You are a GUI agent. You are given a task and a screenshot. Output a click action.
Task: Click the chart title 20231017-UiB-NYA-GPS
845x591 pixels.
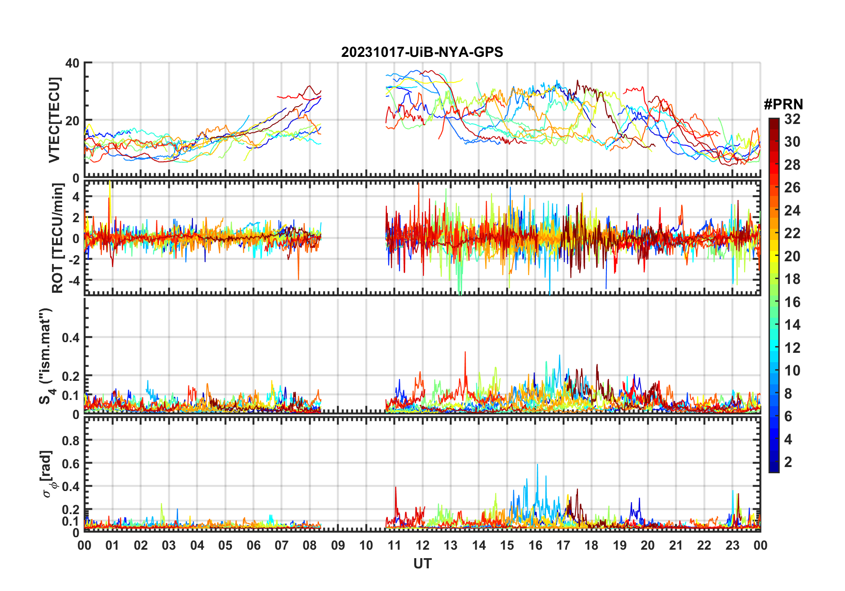[422, 52]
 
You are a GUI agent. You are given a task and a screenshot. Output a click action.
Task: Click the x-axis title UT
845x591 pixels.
[422, 564]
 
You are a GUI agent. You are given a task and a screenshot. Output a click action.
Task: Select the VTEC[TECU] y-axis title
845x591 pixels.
[54, 120]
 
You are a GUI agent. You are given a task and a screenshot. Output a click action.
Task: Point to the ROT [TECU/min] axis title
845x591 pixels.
[57, 238]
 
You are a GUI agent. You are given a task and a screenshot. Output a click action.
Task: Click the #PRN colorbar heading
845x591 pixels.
[783, 104]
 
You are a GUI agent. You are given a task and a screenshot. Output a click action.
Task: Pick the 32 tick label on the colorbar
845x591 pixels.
[792, 119]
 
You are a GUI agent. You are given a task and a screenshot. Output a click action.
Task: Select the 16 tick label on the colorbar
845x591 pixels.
[792, 302]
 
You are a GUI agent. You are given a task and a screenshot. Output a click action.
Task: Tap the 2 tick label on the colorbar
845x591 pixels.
[788, 462]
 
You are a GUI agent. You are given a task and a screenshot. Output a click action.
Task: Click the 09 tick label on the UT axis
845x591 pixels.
[338, 545]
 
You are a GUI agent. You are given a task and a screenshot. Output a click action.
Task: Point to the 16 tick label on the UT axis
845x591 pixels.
[535, 545]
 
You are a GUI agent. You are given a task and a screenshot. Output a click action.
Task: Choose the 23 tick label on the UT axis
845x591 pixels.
[732, 545]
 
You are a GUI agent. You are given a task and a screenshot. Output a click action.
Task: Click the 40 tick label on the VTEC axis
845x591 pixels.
[72, 63]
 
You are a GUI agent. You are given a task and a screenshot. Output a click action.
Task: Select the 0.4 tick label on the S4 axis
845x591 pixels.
[71, 338]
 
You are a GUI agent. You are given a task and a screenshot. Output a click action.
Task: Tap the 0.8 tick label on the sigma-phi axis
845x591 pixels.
[71, 440]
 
